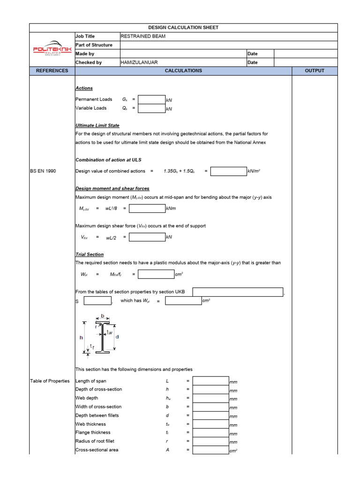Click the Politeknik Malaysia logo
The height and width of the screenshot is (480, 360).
[x=52, y=49]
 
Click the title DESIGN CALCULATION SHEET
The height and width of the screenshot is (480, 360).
[x=183, y=28]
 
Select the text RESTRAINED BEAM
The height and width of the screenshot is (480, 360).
[x=143, y=36]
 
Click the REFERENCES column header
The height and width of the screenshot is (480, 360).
[x=52, y=71]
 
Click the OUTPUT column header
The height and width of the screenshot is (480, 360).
[x=315, y=71]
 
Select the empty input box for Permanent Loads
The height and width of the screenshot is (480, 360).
[x=152, y=99]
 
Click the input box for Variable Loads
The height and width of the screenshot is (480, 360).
[x=152, y=108]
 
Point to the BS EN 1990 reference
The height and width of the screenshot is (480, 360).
[x=43, y=171]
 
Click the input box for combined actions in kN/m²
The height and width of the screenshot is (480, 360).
[x=228, y=171]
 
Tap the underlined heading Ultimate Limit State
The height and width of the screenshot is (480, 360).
[x=97, y=126]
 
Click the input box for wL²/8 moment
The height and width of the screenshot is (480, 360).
[x=147, y=208]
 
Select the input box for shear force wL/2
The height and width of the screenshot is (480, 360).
[x=147, y=237]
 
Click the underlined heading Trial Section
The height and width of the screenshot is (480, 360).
[x=90, y=255]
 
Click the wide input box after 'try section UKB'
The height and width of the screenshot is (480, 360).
[x=238, y=292]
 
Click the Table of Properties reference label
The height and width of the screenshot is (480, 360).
[x=50, y=381]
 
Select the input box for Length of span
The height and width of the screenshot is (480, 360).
[x=210, y=381]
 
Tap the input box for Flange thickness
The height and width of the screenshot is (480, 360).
[x=210, y=433]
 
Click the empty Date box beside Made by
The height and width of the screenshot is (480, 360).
[x=305, y=54]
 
